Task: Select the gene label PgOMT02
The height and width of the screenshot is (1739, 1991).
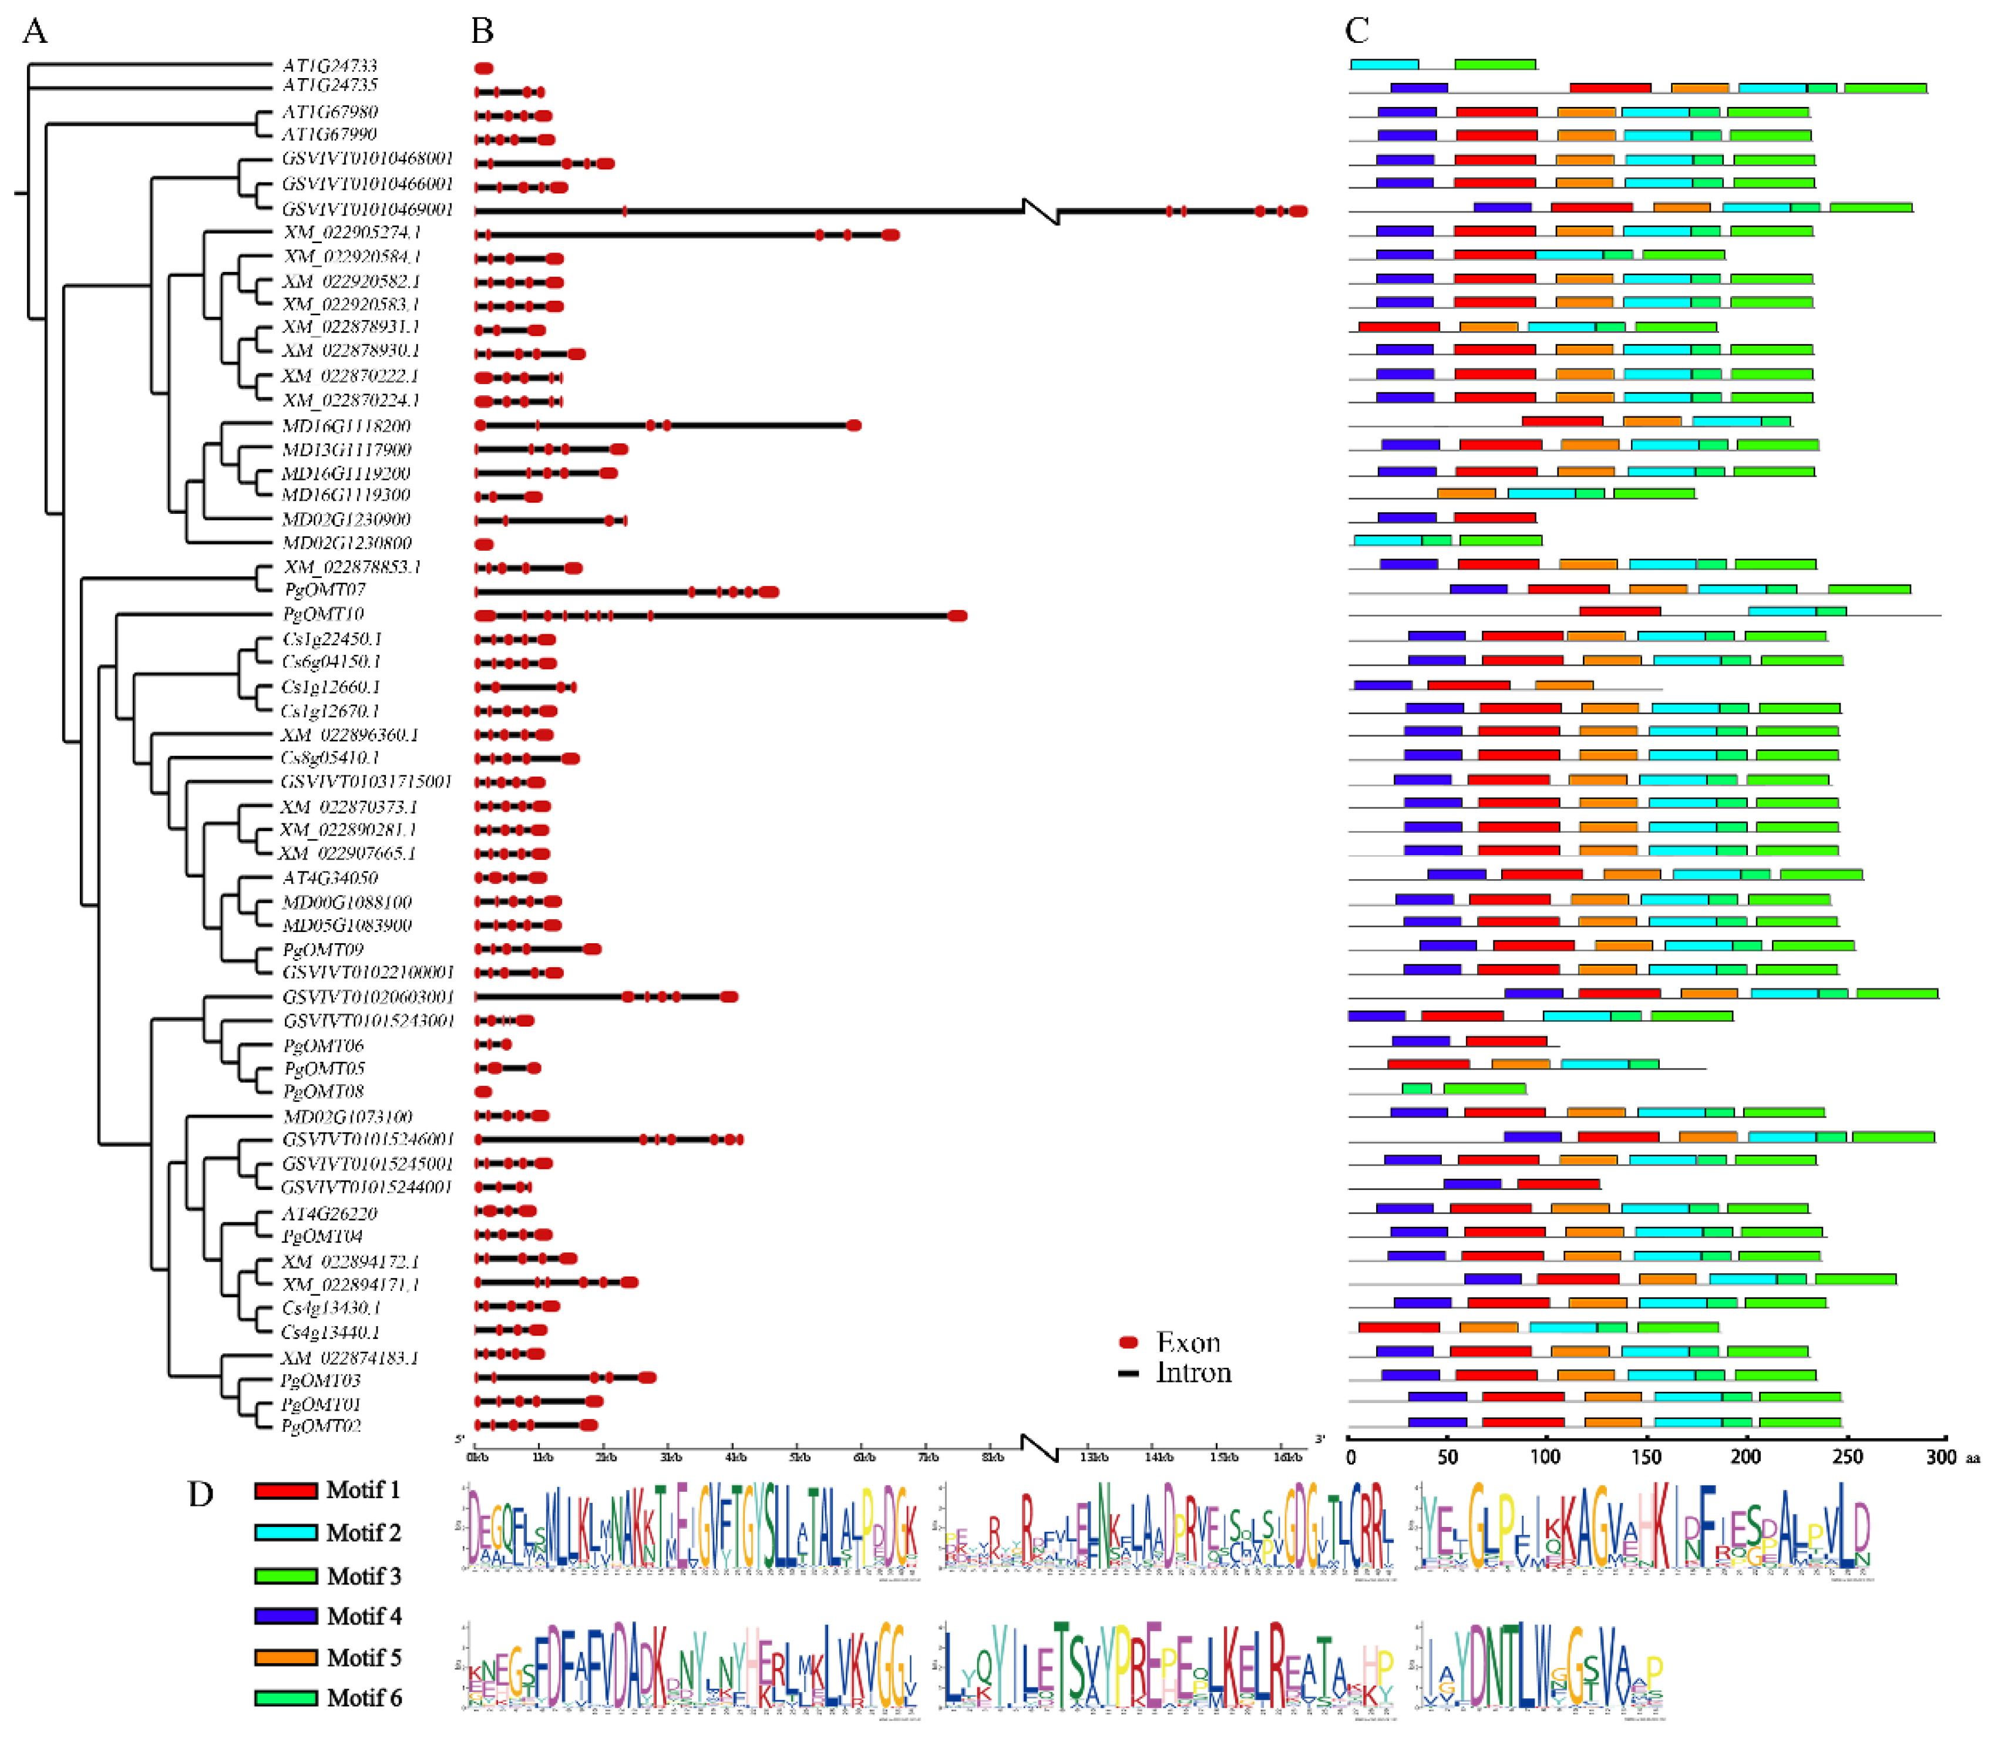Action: click(x=321, y=1425)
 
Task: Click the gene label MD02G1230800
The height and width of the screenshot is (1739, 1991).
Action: click(x=347, y=543)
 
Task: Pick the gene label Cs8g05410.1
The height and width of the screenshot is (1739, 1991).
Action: click(x=330, y=757)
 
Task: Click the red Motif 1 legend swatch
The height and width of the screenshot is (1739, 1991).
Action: click(x=285, y=1491)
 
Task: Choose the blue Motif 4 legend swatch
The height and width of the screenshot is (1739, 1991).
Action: click(x=285, y=1616)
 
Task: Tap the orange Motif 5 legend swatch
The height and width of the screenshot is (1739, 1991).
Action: click(x=285, y=1657)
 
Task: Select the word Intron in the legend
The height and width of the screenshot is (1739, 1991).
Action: click(x=1193, y=1372)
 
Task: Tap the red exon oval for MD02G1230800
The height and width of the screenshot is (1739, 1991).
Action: click(x=484, y=544)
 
